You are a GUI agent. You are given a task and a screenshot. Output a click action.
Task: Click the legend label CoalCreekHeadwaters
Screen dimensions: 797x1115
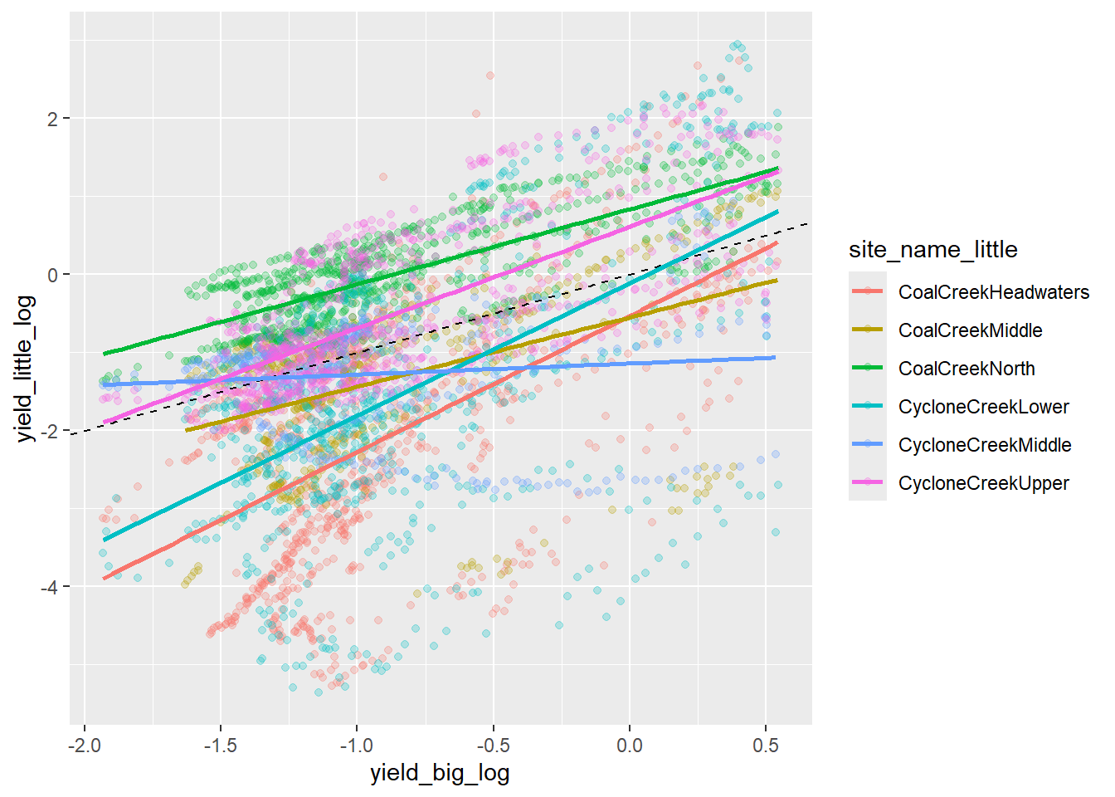[993, 292]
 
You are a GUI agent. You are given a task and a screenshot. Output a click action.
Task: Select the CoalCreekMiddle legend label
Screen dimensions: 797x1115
[970, 330]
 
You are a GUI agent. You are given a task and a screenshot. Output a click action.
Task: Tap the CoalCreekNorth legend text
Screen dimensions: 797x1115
[966, 369]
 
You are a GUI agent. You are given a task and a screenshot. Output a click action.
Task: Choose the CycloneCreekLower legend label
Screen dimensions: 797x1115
[983, 407]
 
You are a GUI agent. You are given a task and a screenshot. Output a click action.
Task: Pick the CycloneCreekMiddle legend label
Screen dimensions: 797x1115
[985, 445]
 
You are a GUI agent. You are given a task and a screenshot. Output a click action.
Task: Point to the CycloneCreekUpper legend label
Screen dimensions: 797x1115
[983, 483]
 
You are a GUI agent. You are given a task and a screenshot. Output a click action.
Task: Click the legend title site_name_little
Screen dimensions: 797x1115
[932, 250]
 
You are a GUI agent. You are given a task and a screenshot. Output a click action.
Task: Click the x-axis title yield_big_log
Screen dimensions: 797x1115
[440, 773]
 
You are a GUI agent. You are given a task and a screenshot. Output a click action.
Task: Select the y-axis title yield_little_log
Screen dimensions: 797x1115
[26, 368]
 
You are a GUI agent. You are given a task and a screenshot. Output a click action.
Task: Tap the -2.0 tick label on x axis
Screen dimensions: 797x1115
[84, 746]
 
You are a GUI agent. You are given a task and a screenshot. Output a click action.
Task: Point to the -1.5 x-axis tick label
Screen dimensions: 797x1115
[220, 746]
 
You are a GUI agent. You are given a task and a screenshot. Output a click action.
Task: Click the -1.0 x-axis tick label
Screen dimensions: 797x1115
[357, 746]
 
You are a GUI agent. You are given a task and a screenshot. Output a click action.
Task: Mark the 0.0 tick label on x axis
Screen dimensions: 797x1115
[630, 746]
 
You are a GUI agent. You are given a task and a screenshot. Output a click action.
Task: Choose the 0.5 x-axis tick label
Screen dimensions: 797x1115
[766, 746]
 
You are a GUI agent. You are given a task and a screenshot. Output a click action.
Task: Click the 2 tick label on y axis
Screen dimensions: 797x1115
[53, 119]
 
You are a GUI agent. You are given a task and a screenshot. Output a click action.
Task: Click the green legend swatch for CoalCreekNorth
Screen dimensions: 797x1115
[868, 369]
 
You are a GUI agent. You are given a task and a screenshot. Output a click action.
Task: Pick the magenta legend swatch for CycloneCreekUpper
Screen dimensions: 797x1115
[868, 483]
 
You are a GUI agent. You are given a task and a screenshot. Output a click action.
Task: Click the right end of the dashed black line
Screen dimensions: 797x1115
[808, 224]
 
